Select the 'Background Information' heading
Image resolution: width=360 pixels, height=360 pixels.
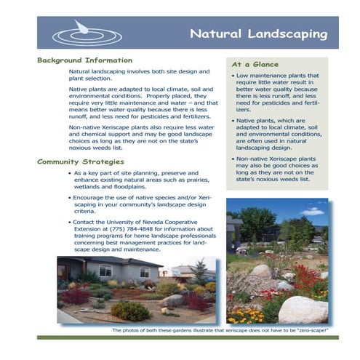pos(84,60)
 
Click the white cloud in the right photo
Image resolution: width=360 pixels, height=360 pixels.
pos(312,212)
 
